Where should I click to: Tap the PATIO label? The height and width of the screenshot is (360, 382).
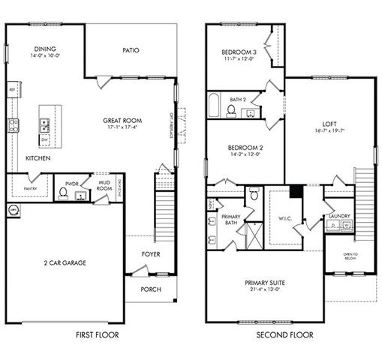pos(131,51)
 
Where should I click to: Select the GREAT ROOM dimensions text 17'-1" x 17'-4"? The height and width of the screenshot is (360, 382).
pos(123,128)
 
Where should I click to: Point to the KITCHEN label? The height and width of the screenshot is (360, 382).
pos(38,159)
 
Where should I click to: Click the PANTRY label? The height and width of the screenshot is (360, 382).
pos(31,189)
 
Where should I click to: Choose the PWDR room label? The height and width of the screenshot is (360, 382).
pos(72,183)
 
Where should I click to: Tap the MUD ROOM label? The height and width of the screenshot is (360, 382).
pos(104,185)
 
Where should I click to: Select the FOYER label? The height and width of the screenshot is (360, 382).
pos(151,254)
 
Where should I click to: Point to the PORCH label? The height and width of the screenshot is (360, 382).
pos(151,289)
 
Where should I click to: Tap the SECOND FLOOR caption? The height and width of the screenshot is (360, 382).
pos(285,335)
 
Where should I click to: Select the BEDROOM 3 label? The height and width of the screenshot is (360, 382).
pos(239,52)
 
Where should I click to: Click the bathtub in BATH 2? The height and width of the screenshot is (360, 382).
pos(215,106)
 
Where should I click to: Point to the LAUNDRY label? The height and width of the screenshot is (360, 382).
pos(340,217)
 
